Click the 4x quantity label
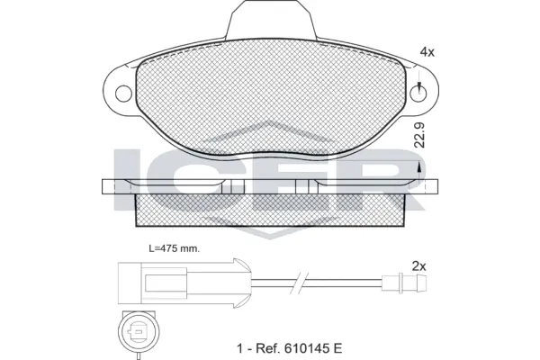click(x=427, y=53)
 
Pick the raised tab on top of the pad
click(x=271, y=20)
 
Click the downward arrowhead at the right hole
click(x=420, y=86)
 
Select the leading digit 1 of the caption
click(x=239, y=347)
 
